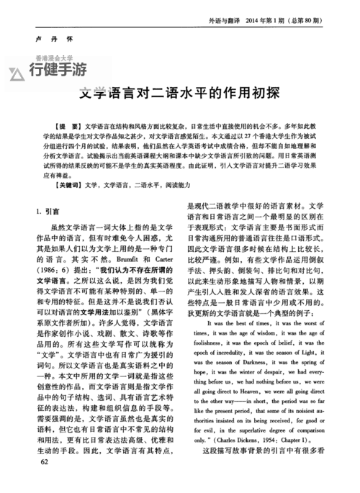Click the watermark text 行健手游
58,70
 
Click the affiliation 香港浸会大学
55,58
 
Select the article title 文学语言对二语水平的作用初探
179,94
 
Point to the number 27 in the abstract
245,136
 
